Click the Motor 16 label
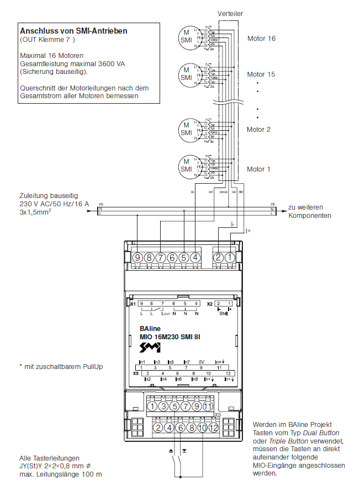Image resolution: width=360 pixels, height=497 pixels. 261,39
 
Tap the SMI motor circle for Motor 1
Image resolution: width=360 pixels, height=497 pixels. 186,167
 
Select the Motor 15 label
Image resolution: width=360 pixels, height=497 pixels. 261,74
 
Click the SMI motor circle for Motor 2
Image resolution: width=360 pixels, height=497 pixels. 186,129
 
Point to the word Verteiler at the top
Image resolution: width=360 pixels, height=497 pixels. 230,13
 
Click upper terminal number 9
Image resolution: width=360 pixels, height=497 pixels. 137,258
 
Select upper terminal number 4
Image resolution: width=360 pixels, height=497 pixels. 195,258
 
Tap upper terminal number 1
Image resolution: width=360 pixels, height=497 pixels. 230,258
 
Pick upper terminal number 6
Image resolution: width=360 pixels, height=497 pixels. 172,258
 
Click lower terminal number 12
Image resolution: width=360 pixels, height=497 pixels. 214,427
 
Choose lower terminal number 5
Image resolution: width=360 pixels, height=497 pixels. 174,407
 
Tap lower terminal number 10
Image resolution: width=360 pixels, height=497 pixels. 203,427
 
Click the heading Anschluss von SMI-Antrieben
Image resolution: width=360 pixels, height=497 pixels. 73,31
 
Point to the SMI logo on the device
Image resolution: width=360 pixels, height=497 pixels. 150,348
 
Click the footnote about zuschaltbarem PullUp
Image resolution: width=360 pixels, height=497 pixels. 61,366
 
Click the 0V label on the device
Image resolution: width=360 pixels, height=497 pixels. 202,361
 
